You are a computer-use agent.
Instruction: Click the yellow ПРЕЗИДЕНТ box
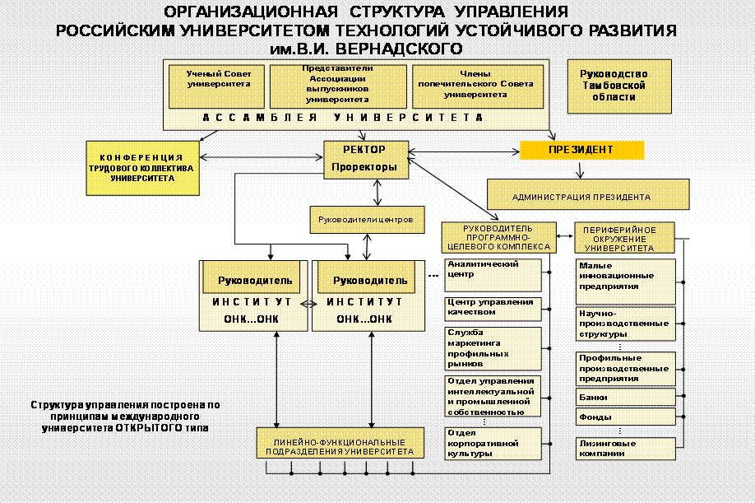[x=581, y=150]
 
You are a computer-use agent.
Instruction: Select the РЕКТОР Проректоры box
[x=364, y=158]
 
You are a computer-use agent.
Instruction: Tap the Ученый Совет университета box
[x=218, y=86]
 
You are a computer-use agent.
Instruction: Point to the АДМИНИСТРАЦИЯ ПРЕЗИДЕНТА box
[x=581, y=197]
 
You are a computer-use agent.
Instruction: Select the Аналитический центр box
[x=492, y=274]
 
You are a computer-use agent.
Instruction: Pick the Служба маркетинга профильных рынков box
[x=492, y=347]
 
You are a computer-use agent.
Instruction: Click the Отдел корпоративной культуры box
[x=492, y=443]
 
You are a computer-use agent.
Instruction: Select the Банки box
[x=625, y=397]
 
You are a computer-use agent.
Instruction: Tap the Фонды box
[x=625, y=417]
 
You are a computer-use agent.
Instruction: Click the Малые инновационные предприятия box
[x=625, y=277]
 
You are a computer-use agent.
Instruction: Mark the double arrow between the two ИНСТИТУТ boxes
[x=308, y=304]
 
